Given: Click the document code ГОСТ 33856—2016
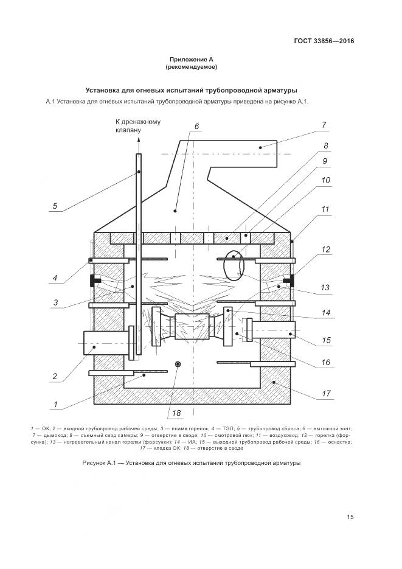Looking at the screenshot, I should (323, 41).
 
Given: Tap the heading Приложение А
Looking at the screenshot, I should (192, 59).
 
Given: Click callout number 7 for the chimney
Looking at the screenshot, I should (324, 125).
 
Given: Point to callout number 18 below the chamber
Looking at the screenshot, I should (176, 414).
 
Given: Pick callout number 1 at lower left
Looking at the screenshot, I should (55, 403).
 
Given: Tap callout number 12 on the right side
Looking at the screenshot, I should (326, 250).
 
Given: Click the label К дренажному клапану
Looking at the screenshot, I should (138, 126).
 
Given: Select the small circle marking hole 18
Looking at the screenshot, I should (178, 364).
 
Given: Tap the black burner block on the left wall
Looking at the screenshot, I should (94, 281).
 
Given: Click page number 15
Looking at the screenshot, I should (350, 517).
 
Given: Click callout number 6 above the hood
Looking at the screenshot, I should (197, 127).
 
